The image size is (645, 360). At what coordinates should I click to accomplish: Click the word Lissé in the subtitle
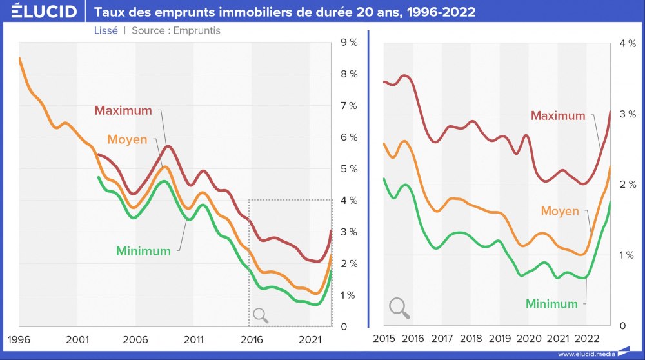point(106,30)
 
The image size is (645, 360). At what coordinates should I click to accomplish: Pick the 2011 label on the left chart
point(193,339)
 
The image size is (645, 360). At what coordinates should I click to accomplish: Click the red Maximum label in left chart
point(123,110)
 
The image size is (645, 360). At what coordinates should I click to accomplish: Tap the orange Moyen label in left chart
point(127,139)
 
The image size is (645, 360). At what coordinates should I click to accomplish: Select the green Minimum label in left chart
point(143,251)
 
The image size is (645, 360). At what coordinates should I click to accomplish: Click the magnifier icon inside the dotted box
point(261,315)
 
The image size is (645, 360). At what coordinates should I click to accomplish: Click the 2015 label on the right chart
point(384,339)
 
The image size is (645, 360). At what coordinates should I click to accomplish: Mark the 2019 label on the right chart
point(500,339)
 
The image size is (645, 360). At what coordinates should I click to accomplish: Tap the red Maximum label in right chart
point(558,116)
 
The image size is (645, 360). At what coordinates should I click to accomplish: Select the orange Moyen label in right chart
point(560,211)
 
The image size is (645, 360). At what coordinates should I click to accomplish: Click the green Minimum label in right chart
point(551,304)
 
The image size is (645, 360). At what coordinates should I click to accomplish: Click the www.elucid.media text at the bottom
point(585,354)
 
